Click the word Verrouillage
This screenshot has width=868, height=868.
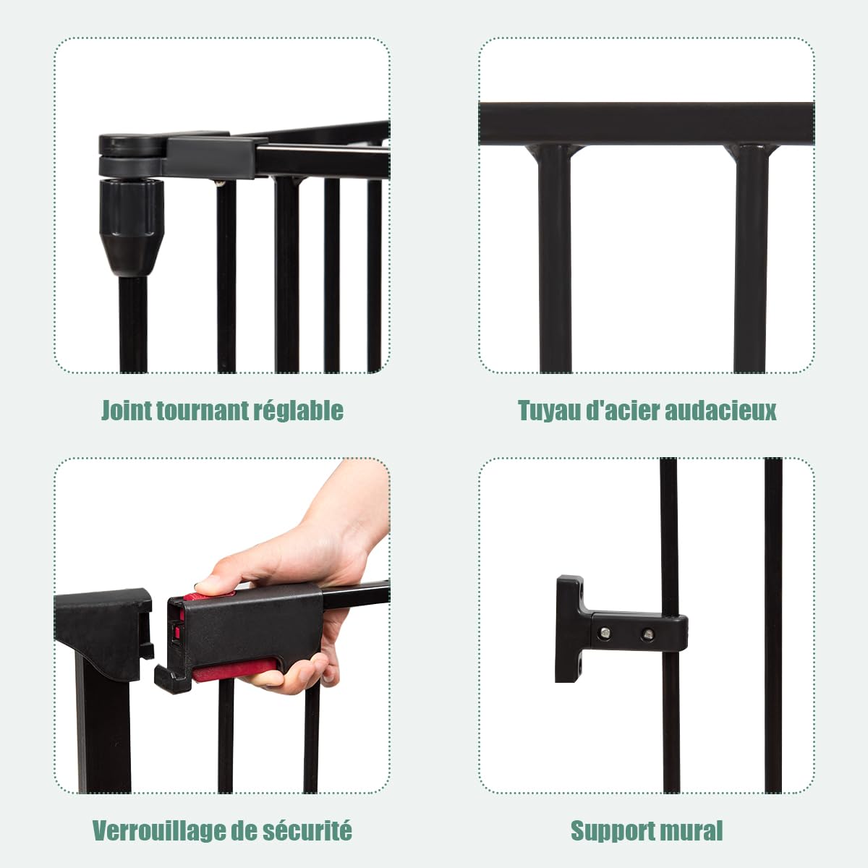pos(158,831)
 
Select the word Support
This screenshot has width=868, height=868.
pos(613,831)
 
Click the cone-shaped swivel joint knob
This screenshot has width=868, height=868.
pos(132,227)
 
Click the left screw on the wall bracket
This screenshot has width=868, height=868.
pos(606,633)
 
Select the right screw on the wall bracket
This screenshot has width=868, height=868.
pos(647,634)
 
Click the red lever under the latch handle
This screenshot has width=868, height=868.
pos(234,670)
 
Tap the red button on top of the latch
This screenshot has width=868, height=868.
pos(208,596)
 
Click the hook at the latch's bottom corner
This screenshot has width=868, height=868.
pos(172,678)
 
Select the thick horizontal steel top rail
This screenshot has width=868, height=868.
pos(647,124)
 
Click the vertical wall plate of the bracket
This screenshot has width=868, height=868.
pos(569,629)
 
